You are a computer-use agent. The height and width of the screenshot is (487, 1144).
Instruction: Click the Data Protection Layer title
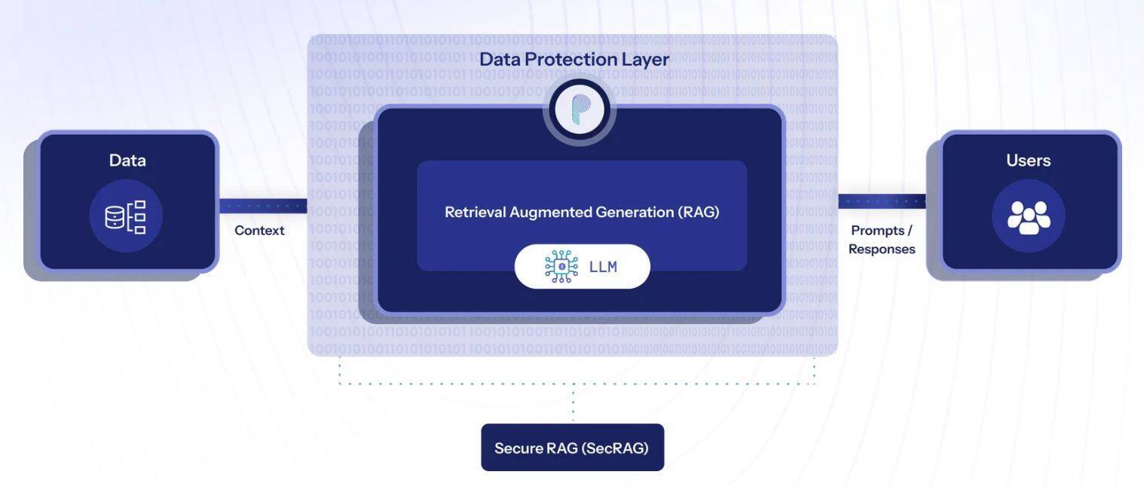[574, 59]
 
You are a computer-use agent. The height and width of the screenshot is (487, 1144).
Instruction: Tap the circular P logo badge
[579, 111]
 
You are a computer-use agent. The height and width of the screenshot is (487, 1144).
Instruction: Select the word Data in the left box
[127, 160]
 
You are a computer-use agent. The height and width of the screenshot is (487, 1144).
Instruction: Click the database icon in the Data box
[126, 216]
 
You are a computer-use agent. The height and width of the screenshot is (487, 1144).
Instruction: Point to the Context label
[259, 231]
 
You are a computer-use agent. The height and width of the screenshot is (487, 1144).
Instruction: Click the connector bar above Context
[263, 206]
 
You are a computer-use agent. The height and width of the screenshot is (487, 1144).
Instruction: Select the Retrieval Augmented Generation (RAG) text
[582, 212]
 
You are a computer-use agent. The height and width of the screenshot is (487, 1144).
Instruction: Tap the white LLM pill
[582, 266]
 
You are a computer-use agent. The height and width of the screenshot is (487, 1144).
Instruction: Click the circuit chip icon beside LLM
[561, 266]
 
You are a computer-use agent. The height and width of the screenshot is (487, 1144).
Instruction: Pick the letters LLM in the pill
[603, 267]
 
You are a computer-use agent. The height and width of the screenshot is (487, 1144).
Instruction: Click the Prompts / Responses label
[882, 240]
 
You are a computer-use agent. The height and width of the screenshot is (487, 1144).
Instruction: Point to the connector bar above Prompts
[882, 201]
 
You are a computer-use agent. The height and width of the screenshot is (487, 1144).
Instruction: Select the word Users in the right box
[1028, 160]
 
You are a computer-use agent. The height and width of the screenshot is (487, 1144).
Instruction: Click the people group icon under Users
[1028, 216]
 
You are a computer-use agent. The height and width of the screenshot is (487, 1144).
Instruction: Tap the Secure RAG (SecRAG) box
[572, 448]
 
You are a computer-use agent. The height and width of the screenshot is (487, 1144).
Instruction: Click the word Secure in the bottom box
[519, 448]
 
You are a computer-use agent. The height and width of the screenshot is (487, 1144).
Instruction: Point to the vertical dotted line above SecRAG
[573, 403]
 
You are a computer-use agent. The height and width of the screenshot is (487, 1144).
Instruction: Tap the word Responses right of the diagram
[882, 250]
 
